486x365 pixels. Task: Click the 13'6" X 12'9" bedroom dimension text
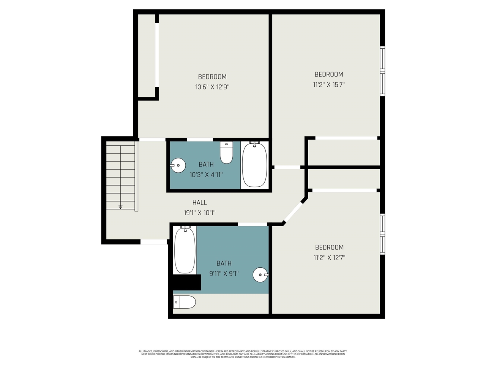(212, 87)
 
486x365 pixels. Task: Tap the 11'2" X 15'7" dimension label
(328, 85)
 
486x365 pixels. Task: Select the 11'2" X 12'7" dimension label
(329, 258)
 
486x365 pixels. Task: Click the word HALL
(200, 203)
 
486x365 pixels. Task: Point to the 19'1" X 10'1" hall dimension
(200, 213)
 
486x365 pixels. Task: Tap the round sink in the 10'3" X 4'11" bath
(177, 165)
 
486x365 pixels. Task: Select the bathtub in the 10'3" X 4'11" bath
(254, 165)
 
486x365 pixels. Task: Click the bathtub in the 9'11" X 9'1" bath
(185, 249)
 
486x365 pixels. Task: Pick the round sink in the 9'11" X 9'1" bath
(260, 275)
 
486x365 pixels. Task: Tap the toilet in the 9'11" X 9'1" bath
(185, 302)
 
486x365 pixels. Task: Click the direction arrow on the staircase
(121, 207)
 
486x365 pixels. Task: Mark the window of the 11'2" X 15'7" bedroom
(383, 71)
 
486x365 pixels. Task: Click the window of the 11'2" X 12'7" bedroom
(383, 234)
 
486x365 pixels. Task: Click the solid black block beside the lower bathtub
(186, 282)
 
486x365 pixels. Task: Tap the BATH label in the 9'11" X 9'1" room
(224, 263)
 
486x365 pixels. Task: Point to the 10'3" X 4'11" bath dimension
(206, 175)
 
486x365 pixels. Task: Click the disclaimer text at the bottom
(243, 354)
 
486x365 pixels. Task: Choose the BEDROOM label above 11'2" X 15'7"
(329, 75)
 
